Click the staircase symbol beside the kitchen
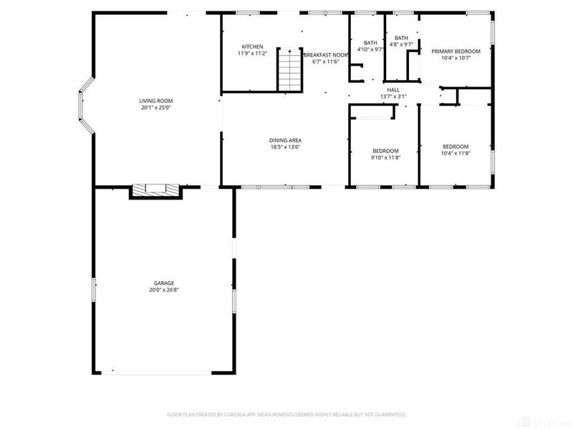(x=288, y=69)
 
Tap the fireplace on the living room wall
(x=156, y=190)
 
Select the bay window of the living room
(x=85, y=106)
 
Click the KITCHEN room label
(x=252, y=46)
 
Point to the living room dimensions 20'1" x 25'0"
(x=156, y=108)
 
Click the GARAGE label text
(x=163, y=283)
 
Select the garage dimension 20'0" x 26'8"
(x=163, y=290)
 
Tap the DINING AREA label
(x=284, y=140)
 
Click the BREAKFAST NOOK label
(x=326, y=54)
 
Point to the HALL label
(x=393, y=89)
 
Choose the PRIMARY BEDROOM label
(x=456, y=51)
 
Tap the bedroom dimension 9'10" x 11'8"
(x=385, y=157)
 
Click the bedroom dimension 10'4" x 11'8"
(x=456, y=153)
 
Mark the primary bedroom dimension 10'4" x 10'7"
(x=456, y=59)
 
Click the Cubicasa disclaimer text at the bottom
(x=286, y=414)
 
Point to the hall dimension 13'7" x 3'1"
(x=393, y=97)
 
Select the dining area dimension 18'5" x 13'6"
(x=284, y=147)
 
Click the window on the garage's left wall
(x=93, y=291)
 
